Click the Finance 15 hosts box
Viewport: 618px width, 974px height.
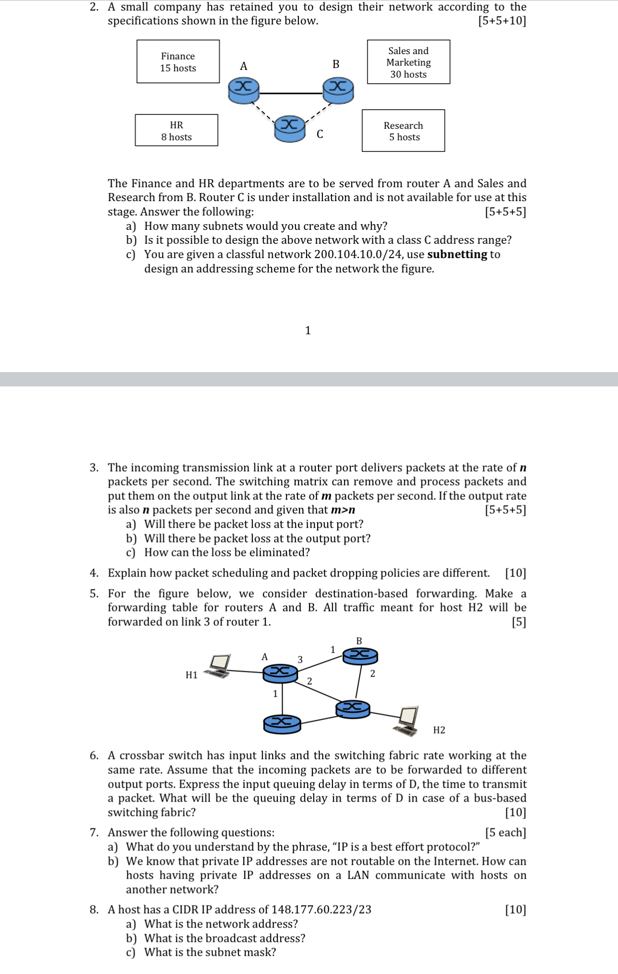click(178, 62)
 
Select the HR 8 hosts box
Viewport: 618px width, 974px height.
click(176, 130)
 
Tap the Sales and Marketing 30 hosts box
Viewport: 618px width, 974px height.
click(408, 62)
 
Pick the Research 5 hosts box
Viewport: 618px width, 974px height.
click(403, 131)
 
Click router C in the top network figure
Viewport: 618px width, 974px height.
click(289, 128)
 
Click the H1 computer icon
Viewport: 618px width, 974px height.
click(218, 666)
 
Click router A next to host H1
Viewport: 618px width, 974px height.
click(281, 673)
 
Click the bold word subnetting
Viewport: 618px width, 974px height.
click(457, 254)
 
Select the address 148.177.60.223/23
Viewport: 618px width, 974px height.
click(321, 909)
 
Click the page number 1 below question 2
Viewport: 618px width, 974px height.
click(308, 330)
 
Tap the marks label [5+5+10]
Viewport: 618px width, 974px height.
click(502, 21)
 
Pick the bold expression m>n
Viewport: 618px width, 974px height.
click(343, 510)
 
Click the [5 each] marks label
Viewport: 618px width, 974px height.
click(505, 833)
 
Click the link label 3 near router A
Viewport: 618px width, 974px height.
click(300, 659)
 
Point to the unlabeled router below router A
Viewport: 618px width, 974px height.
click(282, 724)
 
